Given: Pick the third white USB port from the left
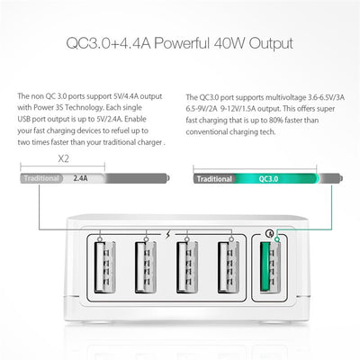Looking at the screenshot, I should click(x=187, y=268).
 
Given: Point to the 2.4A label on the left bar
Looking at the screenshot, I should click(x=80, y=178).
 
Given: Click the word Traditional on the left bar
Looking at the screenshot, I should click(x=42, y=178).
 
